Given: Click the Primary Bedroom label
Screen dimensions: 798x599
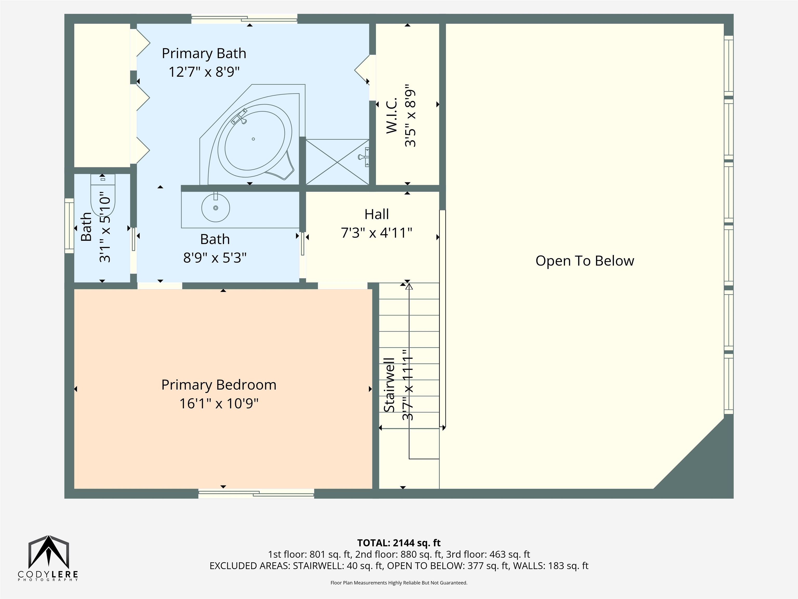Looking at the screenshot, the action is (219, 385).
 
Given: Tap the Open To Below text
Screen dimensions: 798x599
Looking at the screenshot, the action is (584, 261).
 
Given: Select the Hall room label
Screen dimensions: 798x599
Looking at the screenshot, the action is (376, 214).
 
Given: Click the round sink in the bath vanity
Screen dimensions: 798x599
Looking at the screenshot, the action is (215, 208).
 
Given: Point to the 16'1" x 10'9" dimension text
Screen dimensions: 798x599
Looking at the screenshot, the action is (219, 403).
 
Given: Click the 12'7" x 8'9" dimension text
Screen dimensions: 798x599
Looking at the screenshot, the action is (204, 72).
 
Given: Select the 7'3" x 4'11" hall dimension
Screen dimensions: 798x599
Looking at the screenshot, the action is (376, 233).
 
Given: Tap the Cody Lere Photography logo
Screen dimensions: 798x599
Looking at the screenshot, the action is (48, 558).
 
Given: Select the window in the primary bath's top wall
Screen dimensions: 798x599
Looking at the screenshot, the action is (244, 19).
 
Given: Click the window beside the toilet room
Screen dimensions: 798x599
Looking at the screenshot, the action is (69, 226).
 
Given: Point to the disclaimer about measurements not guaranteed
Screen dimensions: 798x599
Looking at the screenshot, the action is (399, 583).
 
